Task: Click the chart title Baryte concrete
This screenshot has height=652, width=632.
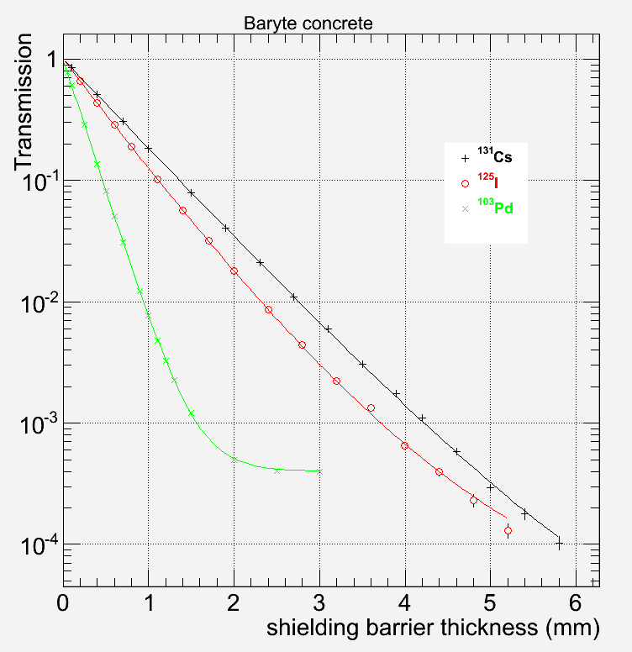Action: (307, 24)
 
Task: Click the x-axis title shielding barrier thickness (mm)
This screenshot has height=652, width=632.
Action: (434, 627)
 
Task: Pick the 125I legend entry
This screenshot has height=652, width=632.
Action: (482, 182)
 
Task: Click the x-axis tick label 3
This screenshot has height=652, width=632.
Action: (319, 602)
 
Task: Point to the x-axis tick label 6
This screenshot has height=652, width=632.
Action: (576, 602)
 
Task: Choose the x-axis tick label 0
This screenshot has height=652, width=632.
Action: (62, 602)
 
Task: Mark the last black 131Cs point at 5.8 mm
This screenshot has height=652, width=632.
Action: (559, 544)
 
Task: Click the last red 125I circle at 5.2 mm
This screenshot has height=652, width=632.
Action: (508, 530)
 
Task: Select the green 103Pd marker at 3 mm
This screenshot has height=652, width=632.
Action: (319, 471)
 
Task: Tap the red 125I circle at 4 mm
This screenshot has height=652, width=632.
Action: (405, 445)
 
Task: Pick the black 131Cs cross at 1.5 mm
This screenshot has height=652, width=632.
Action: (191, 192)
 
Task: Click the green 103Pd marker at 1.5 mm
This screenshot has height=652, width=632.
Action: (192, 413)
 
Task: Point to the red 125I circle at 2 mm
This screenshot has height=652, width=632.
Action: (234, 271)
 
